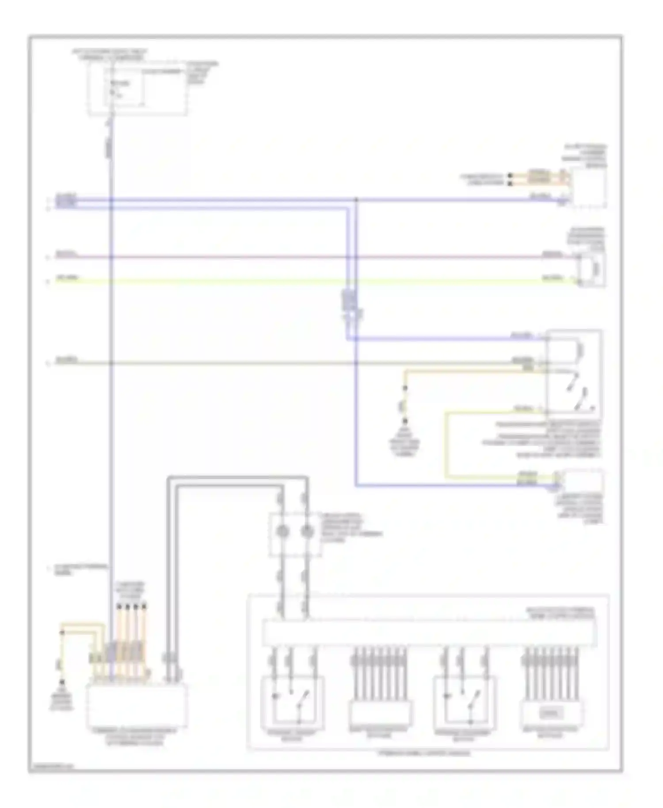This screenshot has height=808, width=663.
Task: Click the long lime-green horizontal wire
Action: tap(309, 281)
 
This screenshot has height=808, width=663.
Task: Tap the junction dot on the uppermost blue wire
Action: tap(356, 200)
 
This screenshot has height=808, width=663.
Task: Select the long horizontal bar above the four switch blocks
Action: tap(429, 633)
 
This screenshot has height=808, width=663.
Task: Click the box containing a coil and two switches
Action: tap(573, 374)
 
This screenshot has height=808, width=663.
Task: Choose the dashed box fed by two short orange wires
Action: tap(588, 187)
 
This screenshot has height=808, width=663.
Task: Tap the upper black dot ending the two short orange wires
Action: tap(510, 175)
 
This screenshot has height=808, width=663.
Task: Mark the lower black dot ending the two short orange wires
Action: tap(510, 183)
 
